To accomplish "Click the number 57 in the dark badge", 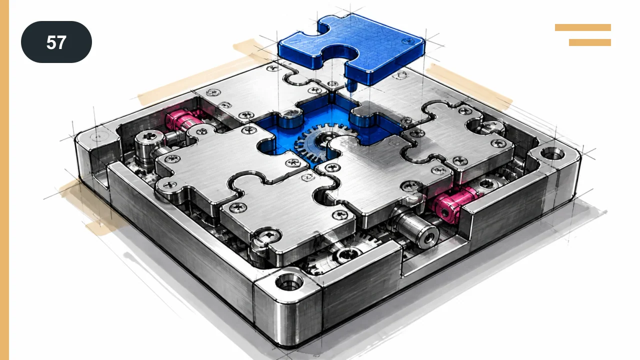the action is pos(56,42).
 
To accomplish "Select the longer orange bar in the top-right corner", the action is pos(583,27).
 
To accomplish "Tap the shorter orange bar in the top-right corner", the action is pos(590,42).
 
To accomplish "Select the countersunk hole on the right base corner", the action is pos(552,154).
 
